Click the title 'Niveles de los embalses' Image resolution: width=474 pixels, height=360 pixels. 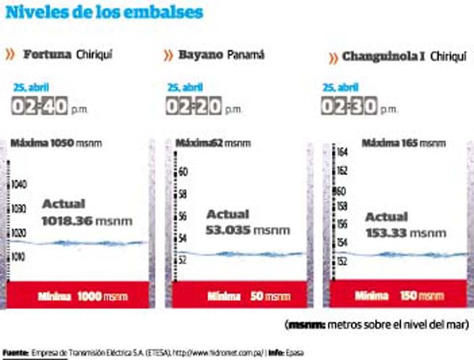point(105,12)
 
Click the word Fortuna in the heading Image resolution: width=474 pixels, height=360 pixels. point(47,55)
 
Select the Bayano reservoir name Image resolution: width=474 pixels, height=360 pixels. point(199,55)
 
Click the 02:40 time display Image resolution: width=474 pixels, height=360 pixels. point(39,106)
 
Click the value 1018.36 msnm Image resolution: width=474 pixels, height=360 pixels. point(87,220)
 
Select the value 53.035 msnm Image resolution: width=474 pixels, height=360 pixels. point(247,230)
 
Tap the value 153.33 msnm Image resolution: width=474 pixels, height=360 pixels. point(405,233)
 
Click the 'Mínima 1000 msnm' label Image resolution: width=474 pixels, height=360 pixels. point(83,297)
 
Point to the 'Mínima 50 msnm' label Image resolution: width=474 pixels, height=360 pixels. point(248,297)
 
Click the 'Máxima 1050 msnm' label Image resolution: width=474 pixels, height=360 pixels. point(56,143)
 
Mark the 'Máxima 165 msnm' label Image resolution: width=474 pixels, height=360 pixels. point(403,143)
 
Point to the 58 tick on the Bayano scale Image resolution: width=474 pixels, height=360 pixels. point(183,194)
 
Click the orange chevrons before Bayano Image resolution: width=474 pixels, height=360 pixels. point(168,55)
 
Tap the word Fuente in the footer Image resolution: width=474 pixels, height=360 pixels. point(15,351)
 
